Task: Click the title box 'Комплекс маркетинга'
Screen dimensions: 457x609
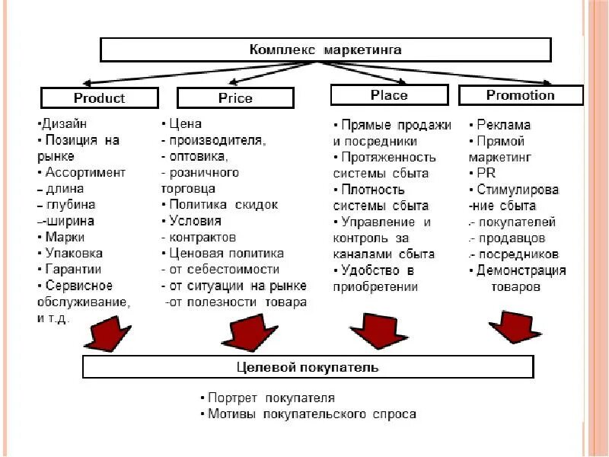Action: click(x=326, y=50)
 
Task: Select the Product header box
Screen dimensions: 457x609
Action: click(x=99, y=98)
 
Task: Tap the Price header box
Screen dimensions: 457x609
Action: click(x=235, y=98)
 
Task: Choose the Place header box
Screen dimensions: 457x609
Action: click(x=389, y=95)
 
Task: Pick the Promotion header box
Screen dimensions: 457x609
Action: click(x=521, y=95)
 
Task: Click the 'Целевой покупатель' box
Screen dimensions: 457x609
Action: click(x=308, y=367)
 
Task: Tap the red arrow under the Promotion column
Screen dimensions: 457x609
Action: click(x=515, y=326)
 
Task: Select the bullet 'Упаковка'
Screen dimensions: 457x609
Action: click(x=74, y=253)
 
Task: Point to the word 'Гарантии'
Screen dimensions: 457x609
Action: click(x=73, y=269)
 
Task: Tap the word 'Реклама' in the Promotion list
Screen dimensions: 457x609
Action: click(x=503, y=124)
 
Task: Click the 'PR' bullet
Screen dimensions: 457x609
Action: click(x=485, y=173)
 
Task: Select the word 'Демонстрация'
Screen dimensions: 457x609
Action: click(x=521, y=270)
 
